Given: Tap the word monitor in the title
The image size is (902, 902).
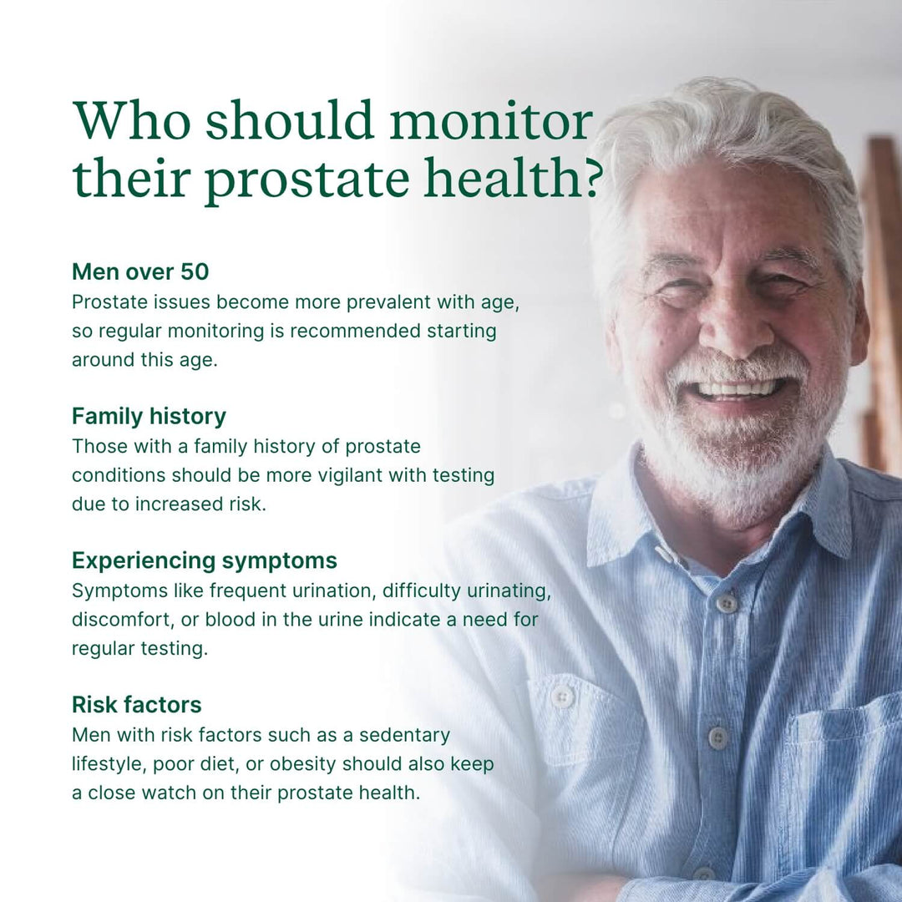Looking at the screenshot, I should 490,122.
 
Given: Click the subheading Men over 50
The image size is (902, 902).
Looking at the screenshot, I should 140,271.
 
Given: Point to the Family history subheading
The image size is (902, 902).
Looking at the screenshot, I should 149,416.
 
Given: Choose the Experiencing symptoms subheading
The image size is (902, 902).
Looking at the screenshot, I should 205,560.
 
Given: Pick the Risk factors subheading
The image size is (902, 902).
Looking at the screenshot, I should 136,704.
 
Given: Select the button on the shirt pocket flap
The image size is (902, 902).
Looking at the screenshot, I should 564,696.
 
